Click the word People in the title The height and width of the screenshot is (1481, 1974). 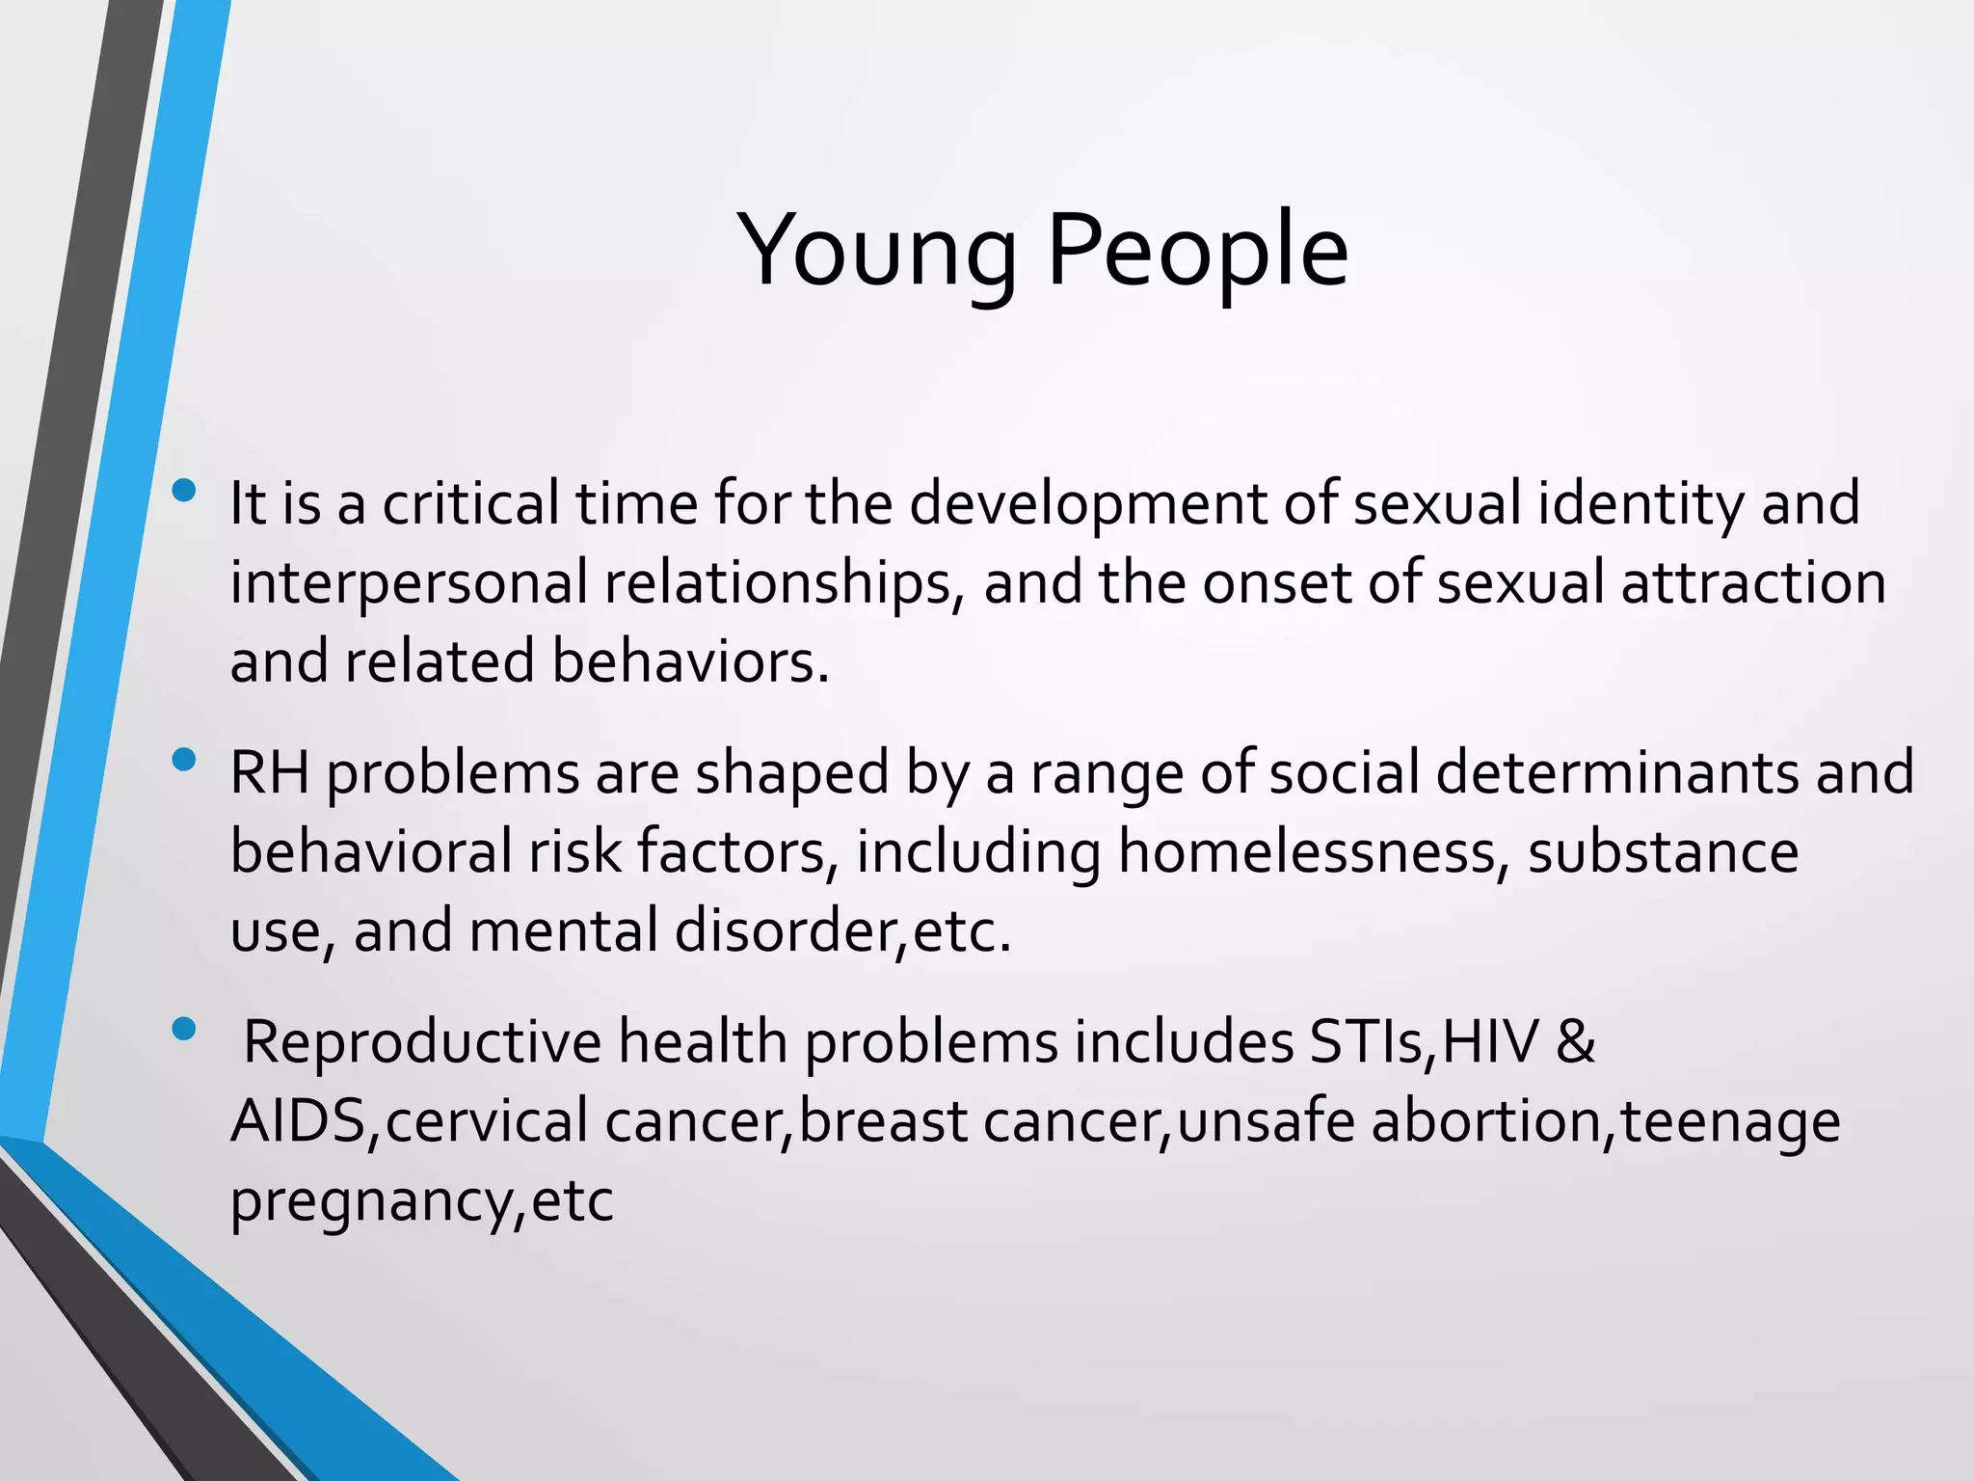(1196, 253)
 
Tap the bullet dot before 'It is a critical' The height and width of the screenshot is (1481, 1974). (182, 492)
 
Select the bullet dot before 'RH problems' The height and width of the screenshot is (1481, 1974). (182, 761)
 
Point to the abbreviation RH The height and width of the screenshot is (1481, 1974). (270, 773)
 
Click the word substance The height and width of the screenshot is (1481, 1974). (1663, 852)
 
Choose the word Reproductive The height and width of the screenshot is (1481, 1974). (421, 1044)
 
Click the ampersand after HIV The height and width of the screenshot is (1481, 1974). (1575, 1042)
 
